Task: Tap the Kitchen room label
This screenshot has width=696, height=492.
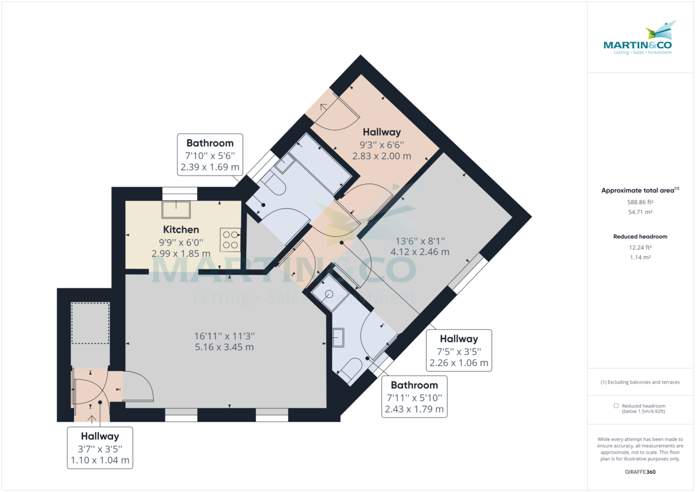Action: click(x=181, y=230)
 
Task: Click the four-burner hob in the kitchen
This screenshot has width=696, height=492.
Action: click(x=230, y=240)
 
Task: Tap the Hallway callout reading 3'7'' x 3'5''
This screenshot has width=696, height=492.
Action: click(x=100, y=449)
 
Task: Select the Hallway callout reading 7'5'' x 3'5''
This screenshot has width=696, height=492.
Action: click(x=459, y=351)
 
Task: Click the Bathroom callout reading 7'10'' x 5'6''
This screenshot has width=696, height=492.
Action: click(x=210, y=155)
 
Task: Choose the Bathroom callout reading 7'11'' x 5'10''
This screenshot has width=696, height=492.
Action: click(x=414, y=397)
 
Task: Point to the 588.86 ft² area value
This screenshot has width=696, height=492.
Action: click(x=640, y=202)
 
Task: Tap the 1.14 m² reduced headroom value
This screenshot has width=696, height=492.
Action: click(x=640, y=257)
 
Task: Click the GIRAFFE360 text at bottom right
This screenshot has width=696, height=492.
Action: click(x=640, y=472)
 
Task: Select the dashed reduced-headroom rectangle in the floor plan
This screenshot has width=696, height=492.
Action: click(x=90, y=322)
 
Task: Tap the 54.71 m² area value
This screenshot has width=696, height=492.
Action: click(x=640, y=212)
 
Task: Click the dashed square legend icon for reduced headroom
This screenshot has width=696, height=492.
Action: click(x=616, y=406)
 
